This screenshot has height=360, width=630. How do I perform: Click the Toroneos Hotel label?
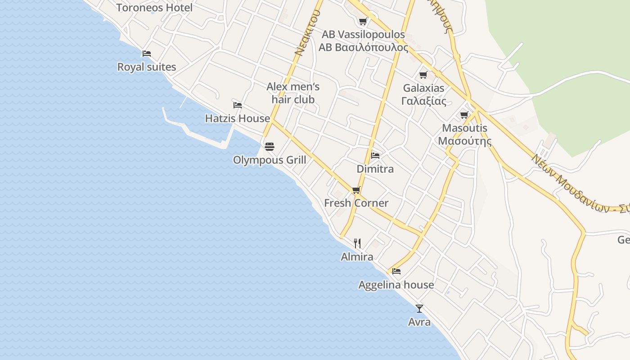154,8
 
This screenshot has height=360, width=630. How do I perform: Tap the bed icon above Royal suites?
147,53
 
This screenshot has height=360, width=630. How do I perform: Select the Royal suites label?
147,67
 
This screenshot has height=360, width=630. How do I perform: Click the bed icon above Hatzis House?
238,105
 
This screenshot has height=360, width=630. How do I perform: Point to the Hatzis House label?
238,119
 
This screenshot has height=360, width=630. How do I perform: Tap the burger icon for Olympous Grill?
270,146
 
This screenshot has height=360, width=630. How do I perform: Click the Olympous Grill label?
270,160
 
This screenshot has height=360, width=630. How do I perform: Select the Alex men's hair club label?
293,93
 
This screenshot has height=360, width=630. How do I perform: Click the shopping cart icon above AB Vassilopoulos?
363,21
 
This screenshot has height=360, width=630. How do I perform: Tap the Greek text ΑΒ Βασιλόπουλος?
363,47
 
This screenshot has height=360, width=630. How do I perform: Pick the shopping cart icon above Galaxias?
423,75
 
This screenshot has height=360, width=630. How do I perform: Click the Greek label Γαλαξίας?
423,101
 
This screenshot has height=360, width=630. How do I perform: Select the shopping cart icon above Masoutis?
464,115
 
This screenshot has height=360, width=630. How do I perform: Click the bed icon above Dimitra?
375,156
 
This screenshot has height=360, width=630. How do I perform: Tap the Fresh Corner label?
356,203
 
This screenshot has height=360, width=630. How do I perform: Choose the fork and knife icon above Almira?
357,243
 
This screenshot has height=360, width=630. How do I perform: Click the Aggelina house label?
396,285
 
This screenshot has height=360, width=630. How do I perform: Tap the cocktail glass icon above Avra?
419,309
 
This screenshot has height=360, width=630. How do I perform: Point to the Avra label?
419,322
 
